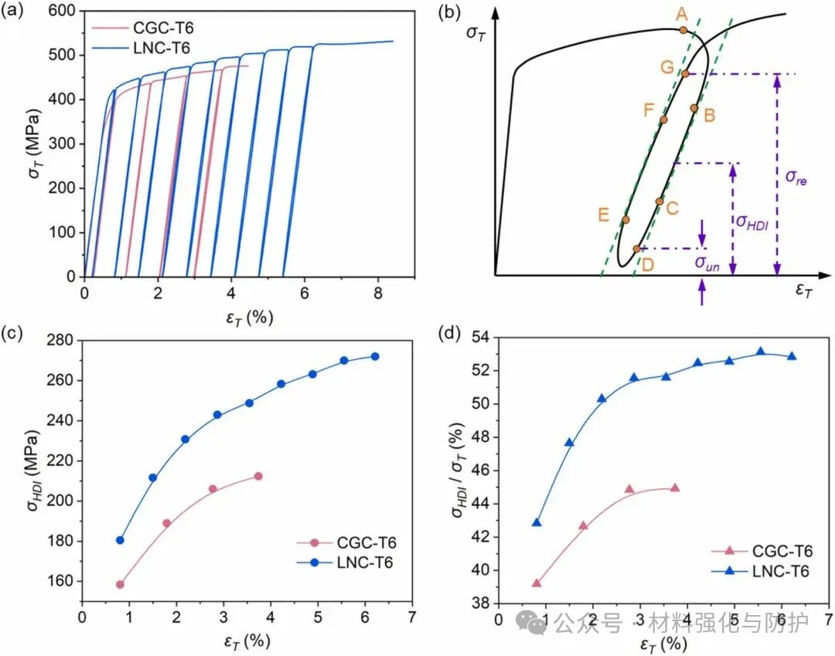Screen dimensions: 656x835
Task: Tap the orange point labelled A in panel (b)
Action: (683, 30)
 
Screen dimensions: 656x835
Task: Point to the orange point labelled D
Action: (636, 249)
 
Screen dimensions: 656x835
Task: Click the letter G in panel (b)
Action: (667, 66)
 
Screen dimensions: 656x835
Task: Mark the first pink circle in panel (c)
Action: (120, 584)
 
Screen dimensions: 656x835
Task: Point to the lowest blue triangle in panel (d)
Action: (537, 523)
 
